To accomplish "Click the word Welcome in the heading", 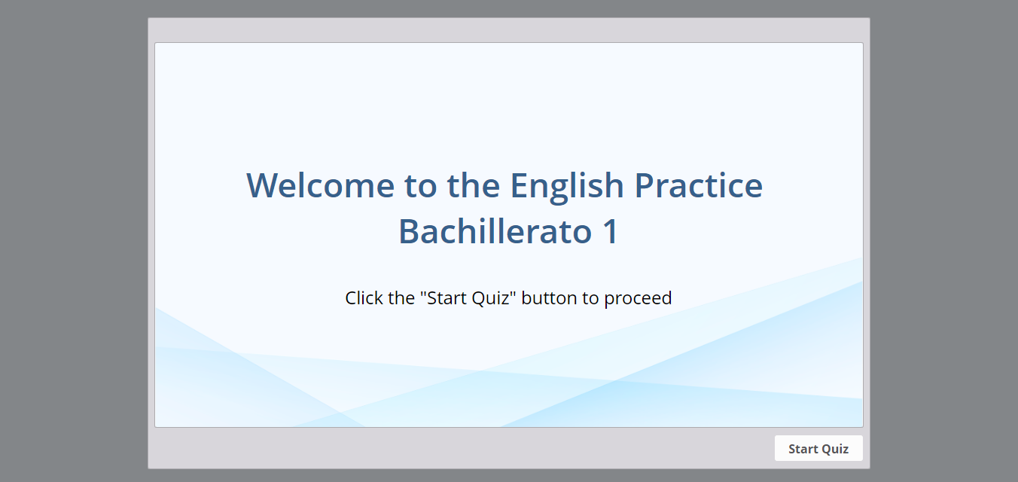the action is (x=321, y=185).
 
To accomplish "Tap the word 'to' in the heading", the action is (x=420, y=187).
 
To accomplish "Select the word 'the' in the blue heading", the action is (x=473, y=185).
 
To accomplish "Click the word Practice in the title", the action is (x=699, y=185).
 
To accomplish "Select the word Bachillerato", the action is (x=495, y=231).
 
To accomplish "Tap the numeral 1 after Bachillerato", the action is (x=610, y=231).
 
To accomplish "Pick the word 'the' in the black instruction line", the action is (x=401, y=298).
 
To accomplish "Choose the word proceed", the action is (x=638, y=299).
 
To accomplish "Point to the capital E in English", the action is (x=519, y=186).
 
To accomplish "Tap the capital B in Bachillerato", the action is (x=408, y=231).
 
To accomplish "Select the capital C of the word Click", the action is (x=352, y=298).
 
